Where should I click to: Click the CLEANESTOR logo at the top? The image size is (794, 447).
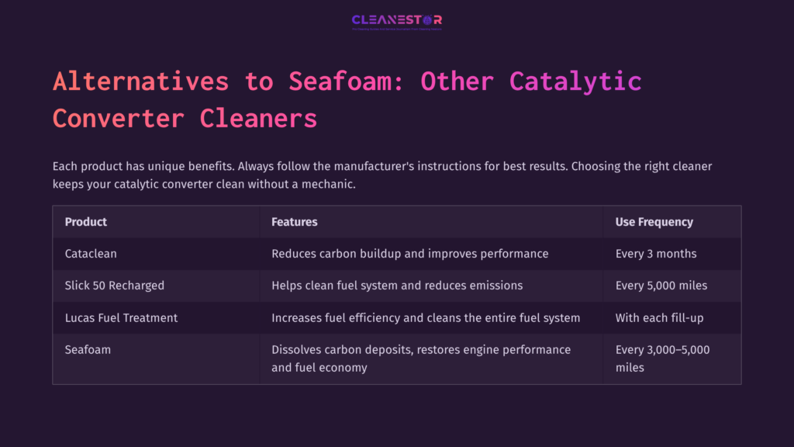(396, 21)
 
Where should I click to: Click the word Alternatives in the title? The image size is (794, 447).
(140, 81)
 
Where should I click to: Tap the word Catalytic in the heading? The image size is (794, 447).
(575, 81)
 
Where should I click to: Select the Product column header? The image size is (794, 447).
(86, 222)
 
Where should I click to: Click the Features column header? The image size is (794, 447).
(295, 222)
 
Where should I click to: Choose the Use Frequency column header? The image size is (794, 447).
(654, 222)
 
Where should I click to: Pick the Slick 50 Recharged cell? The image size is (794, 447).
(115, 286)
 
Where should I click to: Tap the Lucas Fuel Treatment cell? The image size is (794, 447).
(121, 317)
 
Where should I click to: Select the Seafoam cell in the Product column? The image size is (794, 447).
(88, 350)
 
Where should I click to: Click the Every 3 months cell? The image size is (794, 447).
(656, 254)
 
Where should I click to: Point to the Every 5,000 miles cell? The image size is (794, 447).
(661, 286)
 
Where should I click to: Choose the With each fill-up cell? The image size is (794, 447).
(658, 317)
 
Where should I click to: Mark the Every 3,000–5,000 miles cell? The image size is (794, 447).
(662, 359)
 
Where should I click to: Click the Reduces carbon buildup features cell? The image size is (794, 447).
(409, 254)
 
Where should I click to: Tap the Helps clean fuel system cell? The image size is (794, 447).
(397, 286)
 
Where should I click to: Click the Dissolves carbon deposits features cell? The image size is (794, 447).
(421, 359)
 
